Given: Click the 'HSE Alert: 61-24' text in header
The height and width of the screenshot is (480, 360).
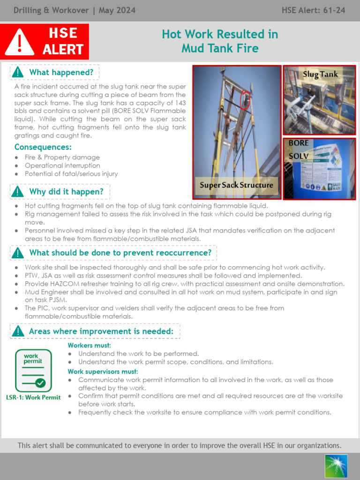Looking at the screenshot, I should [x=314, y=10].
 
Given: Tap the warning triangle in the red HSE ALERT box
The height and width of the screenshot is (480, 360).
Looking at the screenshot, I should [x=19, y=42].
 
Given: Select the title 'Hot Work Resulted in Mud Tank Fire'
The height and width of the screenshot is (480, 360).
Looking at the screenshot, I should [x=220, y=41].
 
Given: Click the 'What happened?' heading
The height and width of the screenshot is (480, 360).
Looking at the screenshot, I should [x=61, y=72].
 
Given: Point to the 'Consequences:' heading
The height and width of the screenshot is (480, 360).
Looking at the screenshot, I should [x=43, y=147].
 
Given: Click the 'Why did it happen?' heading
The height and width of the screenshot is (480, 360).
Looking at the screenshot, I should [x=66, y=192].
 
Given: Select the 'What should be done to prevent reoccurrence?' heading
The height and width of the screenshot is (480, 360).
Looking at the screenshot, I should [x=120, y=253].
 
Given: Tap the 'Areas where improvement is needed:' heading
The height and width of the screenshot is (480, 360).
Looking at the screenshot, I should [x=101, y=331].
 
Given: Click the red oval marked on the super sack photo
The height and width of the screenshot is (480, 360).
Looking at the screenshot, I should [x=244, y=100].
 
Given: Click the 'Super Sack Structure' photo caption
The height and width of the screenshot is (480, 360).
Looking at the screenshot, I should [x=236, y=185].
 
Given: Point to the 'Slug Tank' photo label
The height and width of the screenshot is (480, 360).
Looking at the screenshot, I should [x=320, y=74].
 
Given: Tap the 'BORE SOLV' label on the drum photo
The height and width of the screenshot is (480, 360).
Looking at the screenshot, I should [x=299, y=149].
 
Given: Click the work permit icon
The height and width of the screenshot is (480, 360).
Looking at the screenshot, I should [x=33, y=370].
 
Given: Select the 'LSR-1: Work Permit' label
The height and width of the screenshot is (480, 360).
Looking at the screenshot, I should [x=33, y=397].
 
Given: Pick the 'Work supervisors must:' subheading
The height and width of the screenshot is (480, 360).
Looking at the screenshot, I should [x=103, y=372].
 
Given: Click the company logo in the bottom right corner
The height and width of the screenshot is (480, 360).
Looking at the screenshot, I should [x=336, y=466].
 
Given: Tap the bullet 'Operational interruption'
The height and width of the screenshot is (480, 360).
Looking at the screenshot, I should [x=62, y=165].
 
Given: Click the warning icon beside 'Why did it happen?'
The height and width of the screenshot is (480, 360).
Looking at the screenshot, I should [x=17, y=192].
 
